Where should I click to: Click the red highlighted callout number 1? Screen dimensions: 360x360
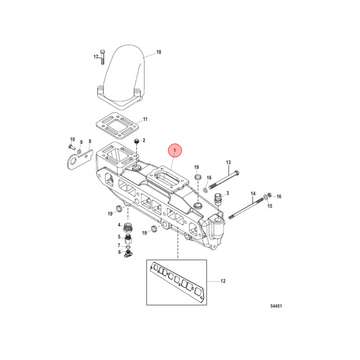pyautogui.click(x=174, y=150)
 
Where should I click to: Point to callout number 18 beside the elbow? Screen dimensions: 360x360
pyautogui.click(x=158, y=52)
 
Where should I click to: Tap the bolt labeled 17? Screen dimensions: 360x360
pyautogui.click(x=102, y=57)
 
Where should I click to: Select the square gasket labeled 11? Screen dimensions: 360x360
pyautogui.click(x=117, y=126)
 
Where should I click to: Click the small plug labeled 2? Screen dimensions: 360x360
pyautogui.click(x=137, y=141)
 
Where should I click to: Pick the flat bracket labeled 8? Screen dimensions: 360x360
pyautogui.click(x=79, y=159)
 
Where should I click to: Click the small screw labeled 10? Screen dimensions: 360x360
pyautogui.click(x=72, y=147)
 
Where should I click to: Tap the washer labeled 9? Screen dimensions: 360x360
pyautogui.click(x=79, y=151)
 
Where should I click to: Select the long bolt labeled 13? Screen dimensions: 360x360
pyautogui.click(x=223, y=180)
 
